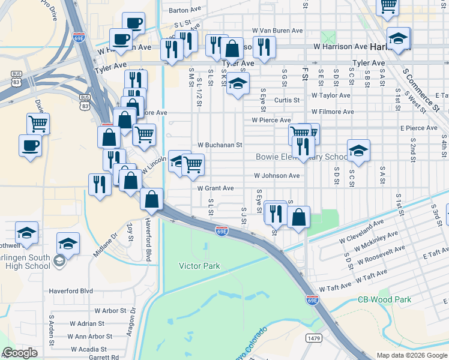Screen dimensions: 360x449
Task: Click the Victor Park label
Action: coord(199,266)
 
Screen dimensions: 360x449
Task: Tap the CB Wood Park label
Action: coord(384,299)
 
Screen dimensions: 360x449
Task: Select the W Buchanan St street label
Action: coord(220,145)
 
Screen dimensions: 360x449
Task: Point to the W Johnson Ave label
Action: coord(276,176)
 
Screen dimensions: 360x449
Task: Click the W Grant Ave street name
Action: coord(215,188)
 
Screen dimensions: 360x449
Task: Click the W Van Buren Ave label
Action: coord(277,30)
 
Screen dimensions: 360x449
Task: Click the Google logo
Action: coord(20,353)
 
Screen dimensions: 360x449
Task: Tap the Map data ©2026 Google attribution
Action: coord(411,355)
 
